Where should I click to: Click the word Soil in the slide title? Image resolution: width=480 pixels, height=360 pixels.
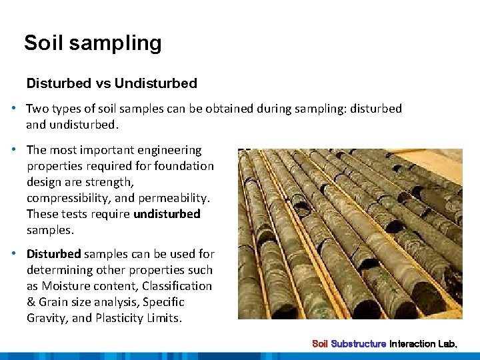(x=44, y=43)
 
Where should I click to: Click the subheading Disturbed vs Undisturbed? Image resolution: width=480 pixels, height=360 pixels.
(x=111, y=83)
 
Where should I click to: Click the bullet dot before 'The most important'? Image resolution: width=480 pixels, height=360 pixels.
(x=13, y=150)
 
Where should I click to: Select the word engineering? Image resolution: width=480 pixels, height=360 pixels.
(x=169, y=150)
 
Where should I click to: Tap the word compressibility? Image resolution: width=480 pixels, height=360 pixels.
(x=69, y=198)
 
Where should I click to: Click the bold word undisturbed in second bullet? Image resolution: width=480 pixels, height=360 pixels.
(x=167, y=214)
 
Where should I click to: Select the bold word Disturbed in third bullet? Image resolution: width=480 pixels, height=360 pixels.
(x=53, y=254)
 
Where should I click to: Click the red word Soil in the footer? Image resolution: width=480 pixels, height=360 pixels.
(x=320, y=344)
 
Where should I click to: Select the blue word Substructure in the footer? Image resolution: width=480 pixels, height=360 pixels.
(x=359, y=344)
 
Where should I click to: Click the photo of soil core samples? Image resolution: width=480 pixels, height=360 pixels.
(x=350, y=233)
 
